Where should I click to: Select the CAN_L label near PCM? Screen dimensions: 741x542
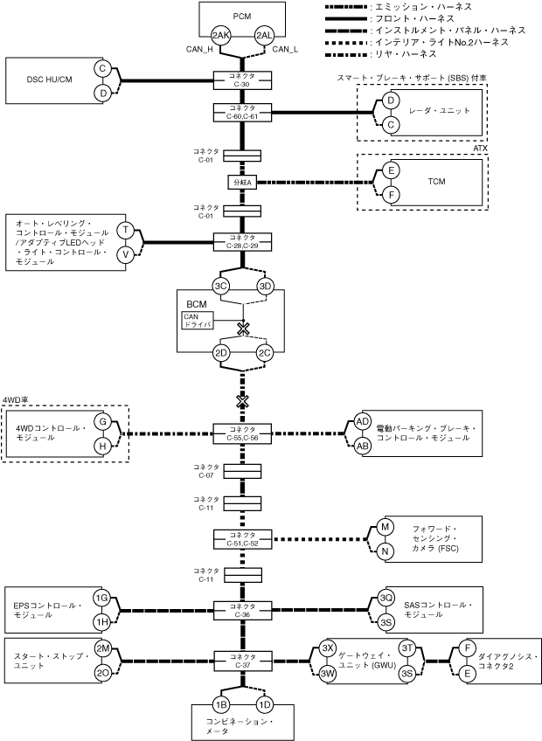click(285, 50)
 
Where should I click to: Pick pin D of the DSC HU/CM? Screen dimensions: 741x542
click(102, 93)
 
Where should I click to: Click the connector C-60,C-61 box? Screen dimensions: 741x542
click(243, 112)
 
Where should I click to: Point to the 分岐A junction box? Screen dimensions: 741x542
click(242, 183)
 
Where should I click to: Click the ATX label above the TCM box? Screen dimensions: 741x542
click(480, 149)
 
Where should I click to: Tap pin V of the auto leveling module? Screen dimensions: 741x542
click(126, 253)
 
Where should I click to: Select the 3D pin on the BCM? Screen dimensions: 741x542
click(266, 286)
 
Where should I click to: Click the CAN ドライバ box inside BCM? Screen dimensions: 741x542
click(197, 321)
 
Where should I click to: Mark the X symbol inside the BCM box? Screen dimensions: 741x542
click(244, 329)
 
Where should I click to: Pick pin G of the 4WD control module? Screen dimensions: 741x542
click(102, 421)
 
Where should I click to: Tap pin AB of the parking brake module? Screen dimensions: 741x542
click(363, 445)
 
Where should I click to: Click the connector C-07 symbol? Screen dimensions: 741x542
click(243, 470)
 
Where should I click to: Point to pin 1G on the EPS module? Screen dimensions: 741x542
click(102, 598)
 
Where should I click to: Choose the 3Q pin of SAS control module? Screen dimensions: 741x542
click(386, 598)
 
